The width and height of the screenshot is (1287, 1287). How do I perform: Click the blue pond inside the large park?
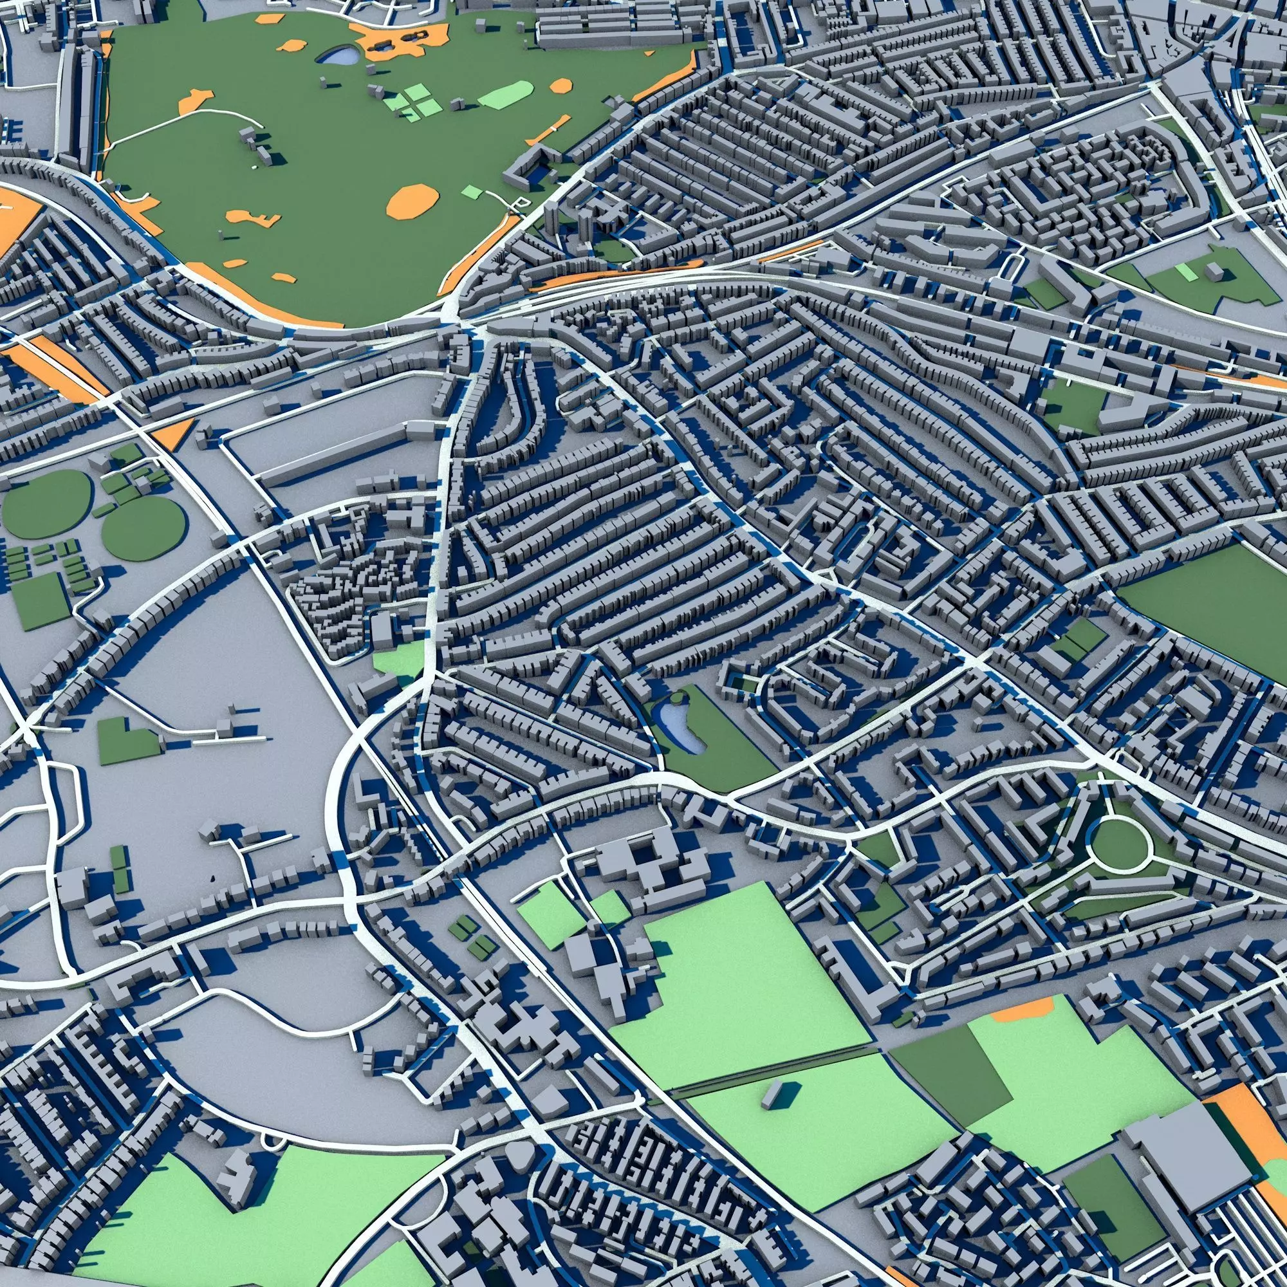tap(340, 56)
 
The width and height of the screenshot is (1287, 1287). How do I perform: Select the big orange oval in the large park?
tap(413, 201)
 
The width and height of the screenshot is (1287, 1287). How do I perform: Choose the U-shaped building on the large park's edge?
tap(526, 167)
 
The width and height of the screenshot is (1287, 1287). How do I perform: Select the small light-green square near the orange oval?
tap(472, 192)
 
